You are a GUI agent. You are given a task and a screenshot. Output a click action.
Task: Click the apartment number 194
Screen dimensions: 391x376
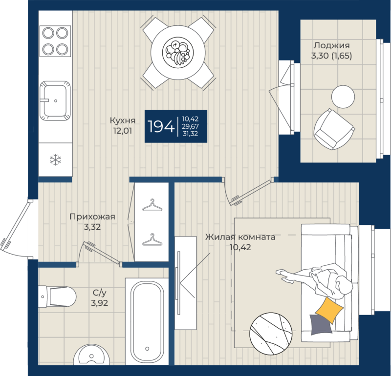coord(161,126)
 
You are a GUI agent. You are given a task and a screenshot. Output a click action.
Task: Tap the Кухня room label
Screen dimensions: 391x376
coord(123,120)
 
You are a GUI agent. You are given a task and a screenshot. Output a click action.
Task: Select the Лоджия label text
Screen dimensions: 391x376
coord(332,45)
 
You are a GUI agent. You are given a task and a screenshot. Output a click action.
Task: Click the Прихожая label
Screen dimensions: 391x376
coord(92,217)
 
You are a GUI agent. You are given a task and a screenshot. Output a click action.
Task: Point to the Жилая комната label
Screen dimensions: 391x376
coord(240,237)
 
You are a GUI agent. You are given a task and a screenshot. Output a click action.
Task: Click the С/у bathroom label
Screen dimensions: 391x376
coord(99,293)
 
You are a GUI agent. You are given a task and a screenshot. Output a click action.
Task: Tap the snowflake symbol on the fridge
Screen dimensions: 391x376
coord(55,160)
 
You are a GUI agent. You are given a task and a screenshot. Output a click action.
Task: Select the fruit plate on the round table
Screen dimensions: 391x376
coord(178,52)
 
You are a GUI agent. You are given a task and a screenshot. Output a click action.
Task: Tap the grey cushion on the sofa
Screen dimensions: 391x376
coord(321,324)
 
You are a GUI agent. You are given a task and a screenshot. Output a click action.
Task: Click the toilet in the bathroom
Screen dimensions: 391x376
coord(57,297)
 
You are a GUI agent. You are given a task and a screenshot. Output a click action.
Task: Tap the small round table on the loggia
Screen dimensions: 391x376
coord(343,97)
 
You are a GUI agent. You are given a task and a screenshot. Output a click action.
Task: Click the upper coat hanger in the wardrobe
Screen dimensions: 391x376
coord(152,205)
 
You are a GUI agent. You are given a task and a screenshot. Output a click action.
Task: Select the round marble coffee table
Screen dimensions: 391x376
coord(271,334)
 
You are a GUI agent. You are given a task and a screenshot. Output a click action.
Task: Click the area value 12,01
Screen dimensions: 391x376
coord(123,131)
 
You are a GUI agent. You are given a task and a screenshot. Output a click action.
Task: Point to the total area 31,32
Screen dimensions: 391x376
coord(190,134)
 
